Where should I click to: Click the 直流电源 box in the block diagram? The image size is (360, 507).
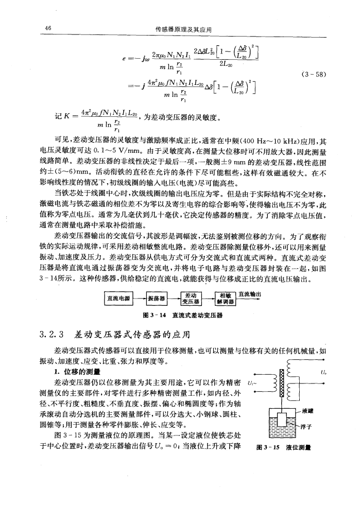[117, 298]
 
